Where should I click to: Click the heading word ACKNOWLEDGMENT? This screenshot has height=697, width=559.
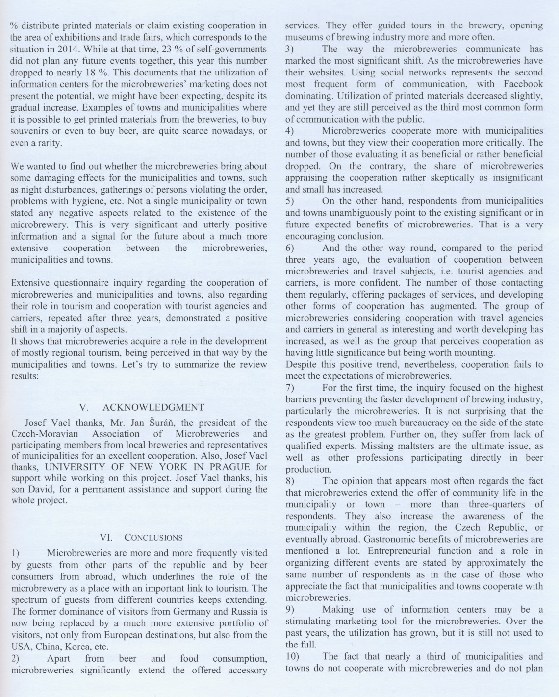[x=153, y=407]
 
